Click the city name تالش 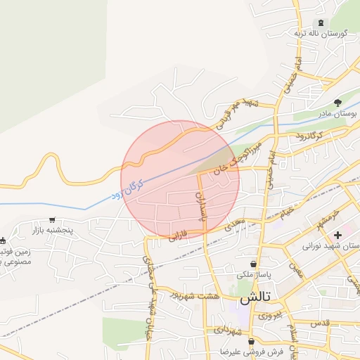[255, 298]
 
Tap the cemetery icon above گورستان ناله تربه [322, 23]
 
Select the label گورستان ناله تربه [323, 34]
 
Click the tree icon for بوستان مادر [337, 102]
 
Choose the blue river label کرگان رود [128, 189]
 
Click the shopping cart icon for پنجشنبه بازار [51, 220]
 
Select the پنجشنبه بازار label [52, 230]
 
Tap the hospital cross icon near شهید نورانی [338, 234]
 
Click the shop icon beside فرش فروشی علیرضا [250, 342]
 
